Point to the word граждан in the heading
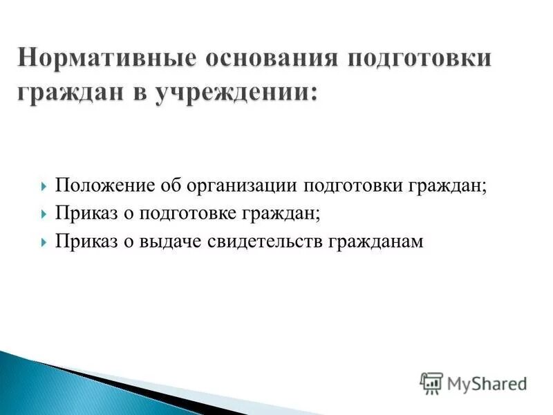pyautogui.click(x=65, y=93)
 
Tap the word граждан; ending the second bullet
pyautogui.click(x=281, y=214)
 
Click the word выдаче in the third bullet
pyautogui.click(x=171, y=242)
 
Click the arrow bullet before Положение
pyautogui.click(x=45, y=187)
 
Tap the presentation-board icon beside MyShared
pyautogui.click(x=431, y=382)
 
